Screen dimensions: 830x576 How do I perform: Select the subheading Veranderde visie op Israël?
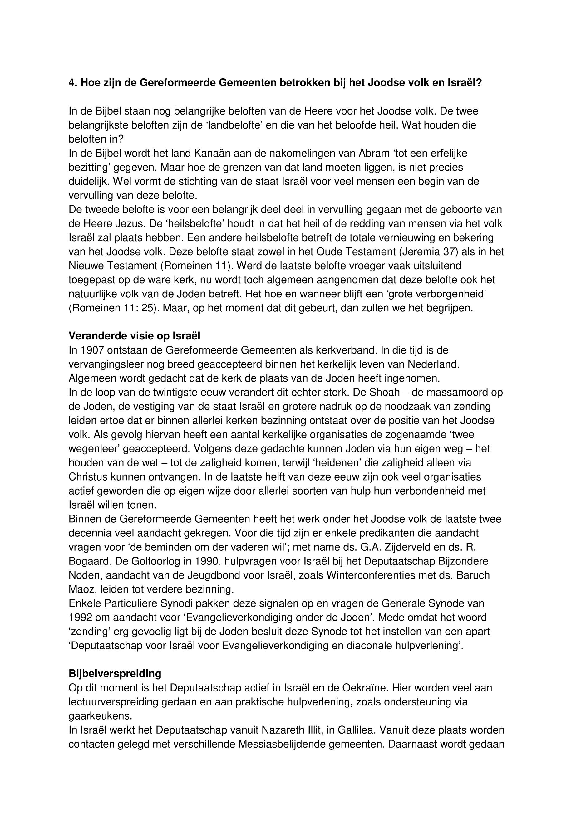(134, 336)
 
